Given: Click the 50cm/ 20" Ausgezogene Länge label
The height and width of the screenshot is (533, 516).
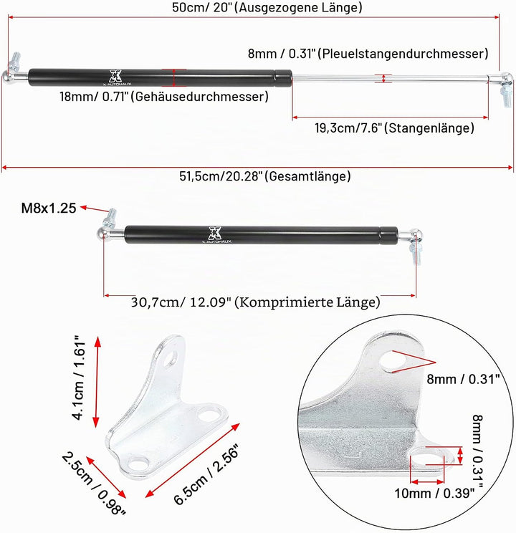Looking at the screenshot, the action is coord(267,7).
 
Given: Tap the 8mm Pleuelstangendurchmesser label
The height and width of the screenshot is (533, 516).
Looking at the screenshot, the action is coord(368,53).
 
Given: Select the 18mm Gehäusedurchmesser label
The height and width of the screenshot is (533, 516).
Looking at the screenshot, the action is coord(164,97).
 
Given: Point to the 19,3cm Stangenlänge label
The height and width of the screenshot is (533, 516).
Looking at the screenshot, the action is coord(394,128).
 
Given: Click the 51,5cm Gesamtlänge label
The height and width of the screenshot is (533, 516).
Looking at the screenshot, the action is coord(265,176).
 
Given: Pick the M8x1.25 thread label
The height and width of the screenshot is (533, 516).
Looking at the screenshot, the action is coord(49,208).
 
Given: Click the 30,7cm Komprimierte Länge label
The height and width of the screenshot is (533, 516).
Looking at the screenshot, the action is coord(255,302).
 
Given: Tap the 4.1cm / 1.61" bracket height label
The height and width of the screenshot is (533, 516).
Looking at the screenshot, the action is coord(78,378).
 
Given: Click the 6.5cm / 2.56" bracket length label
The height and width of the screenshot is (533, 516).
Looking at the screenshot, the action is coord(206,474).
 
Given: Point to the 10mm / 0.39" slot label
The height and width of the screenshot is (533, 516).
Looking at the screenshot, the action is coord(434,493).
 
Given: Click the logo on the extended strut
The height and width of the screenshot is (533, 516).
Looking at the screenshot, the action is coord(115,77).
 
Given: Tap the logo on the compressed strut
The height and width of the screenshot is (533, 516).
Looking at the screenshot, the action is coord(215,234).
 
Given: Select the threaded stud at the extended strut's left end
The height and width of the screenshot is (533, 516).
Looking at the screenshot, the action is coord(15,60).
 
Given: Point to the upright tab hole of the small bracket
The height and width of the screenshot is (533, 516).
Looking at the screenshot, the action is coord(171,359).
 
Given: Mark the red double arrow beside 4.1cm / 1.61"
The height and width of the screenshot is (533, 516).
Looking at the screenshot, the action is coord(97,382).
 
